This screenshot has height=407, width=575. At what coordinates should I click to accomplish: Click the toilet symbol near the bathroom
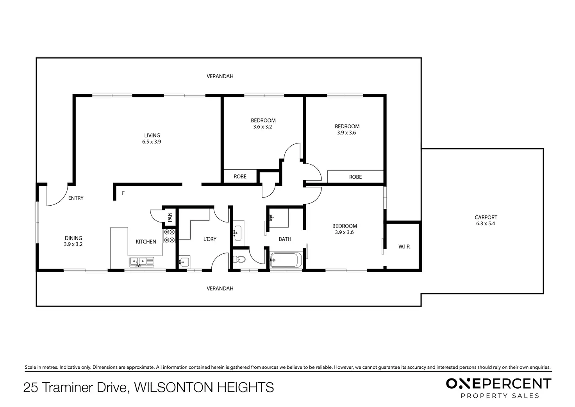[x=239, y=259]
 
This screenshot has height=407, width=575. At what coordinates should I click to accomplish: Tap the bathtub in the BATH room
[x=286, y=260]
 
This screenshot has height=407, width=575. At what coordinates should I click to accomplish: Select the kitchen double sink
[x=142, y=262]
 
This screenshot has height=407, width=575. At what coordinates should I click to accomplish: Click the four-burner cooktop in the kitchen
[x=169, y=236]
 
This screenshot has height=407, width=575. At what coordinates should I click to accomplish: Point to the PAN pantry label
[x=170, y=217]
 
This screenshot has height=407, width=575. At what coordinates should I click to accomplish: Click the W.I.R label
[x=404, y=247]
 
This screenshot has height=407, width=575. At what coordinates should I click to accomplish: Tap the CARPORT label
[x=486, y=217]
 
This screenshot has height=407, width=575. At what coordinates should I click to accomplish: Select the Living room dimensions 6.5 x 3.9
[x=152, y=142]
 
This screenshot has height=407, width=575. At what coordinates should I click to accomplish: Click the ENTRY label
[x=76, y=198]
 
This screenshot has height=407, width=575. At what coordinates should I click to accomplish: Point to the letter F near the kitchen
[x=123, y=193]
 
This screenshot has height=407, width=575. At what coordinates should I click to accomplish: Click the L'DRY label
[x=210, y=239]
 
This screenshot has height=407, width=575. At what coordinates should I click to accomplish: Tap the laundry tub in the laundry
[x=184, y=262]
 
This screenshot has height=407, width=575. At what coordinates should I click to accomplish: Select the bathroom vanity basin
[x=238, y=233]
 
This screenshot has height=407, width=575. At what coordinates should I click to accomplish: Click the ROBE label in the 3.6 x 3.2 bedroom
[x=240, y=176]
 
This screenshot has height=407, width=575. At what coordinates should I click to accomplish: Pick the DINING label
[x=73, y=238]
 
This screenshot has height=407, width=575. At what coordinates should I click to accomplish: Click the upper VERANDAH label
[x=220, y=76]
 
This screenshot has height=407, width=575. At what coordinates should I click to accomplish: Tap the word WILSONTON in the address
[x=173, y=387]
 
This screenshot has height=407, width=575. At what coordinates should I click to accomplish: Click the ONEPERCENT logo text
[x=498, y=384]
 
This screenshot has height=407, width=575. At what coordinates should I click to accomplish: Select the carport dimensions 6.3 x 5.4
[x=486, y=224]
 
